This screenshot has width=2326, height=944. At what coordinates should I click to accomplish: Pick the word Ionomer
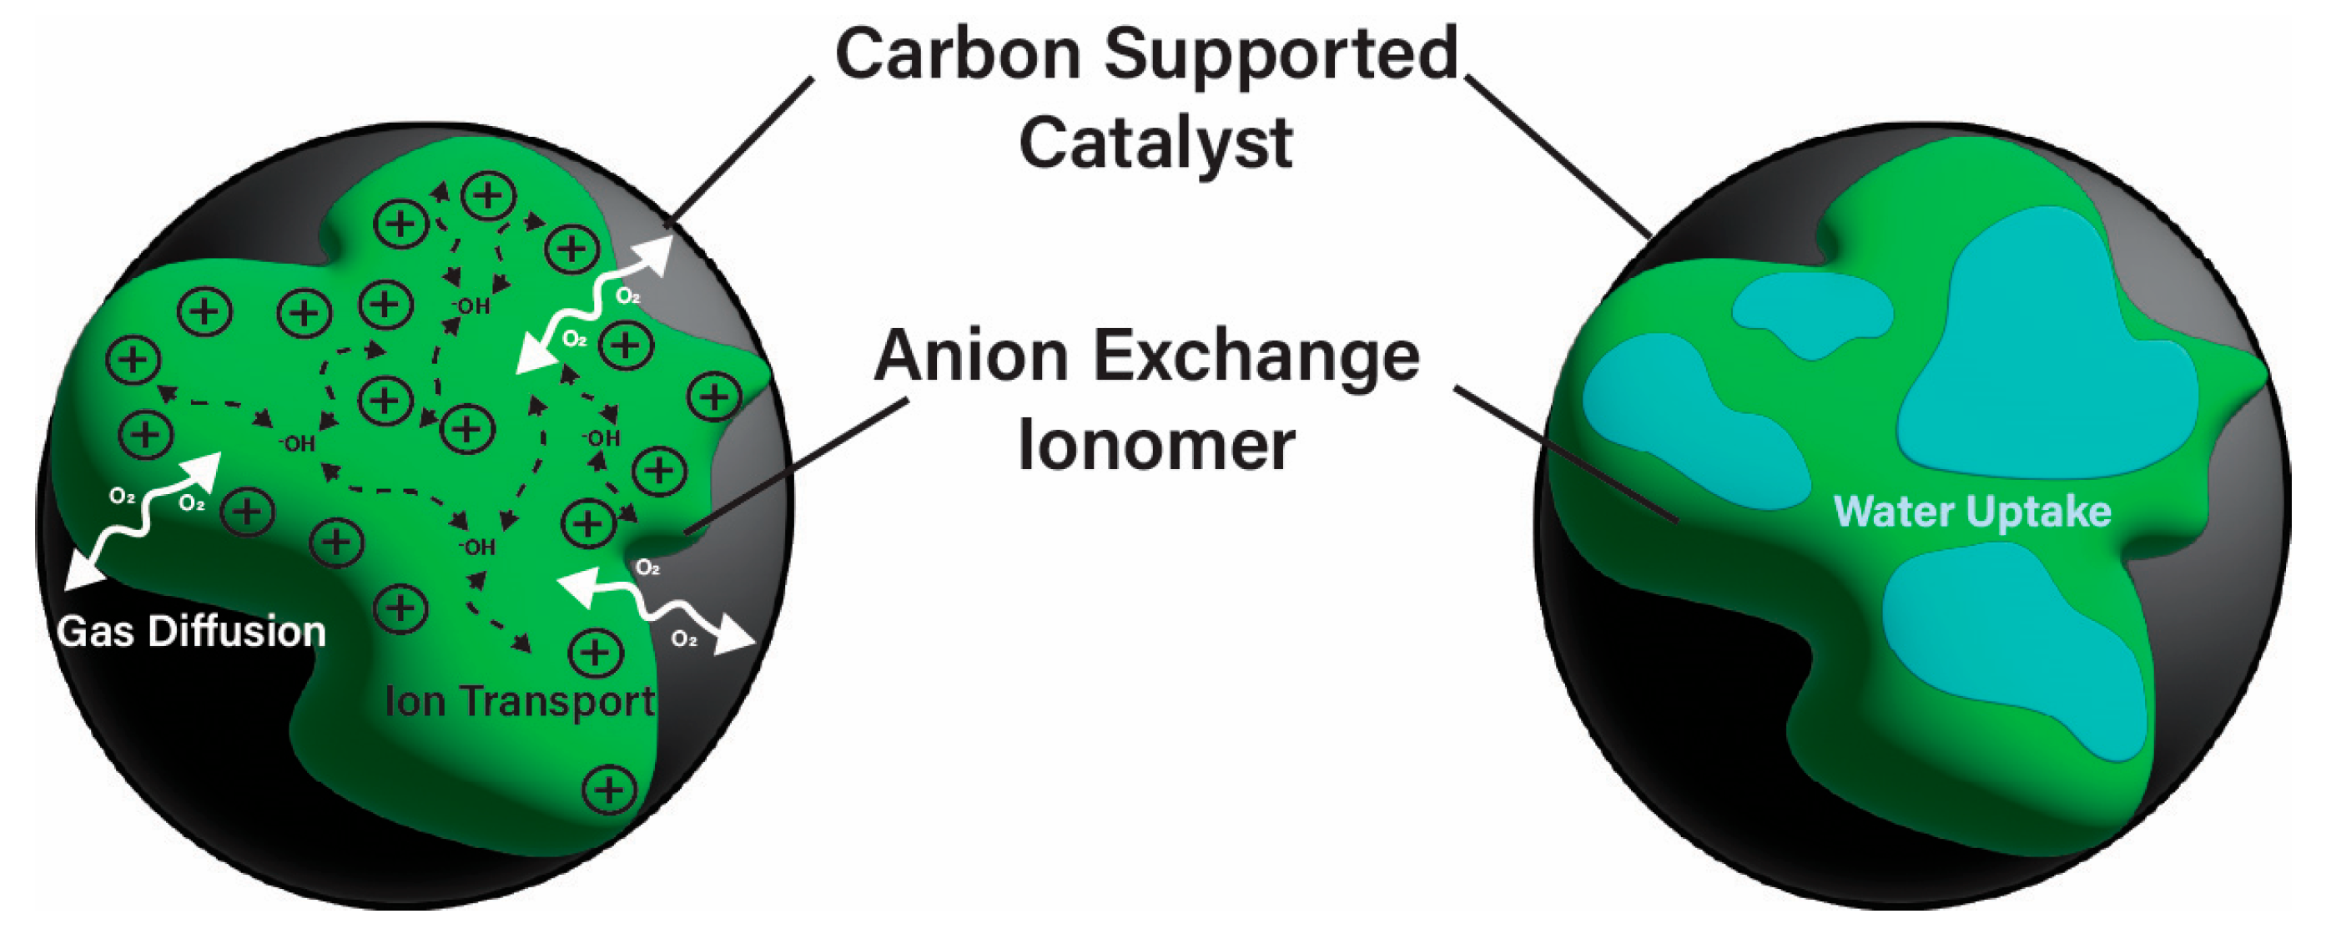tap(1155, 447)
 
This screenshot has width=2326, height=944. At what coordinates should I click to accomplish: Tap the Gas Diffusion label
tap(190, 632)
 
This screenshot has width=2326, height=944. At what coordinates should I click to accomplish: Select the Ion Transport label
tap(519, 702)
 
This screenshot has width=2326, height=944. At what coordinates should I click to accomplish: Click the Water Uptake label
tap(1972, 512)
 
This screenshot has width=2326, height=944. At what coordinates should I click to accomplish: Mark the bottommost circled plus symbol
tap(610, 790)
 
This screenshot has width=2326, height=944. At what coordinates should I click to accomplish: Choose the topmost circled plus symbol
tap(489, 195)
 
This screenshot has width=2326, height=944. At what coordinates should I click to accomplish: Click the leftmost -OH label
tap(297, 443)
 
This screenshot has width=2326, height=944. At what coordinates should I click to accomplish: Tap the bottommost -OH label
tap(476, 548)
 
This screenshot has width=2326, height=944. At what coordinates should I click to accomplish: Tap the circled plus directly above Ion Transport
tap(595, 652)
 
